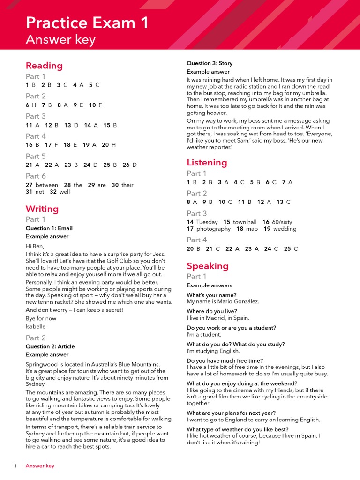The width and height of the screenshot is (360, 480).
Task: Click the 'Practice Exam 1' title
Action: pos(87,22)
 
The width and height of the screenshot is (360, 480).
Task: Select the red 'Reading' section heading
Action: pos(44,66)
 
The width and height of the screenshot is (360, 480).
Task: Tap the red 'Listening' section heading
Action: pos(207,163)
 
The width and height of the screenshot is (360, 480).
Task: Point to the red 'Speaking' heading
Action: pos(208,266)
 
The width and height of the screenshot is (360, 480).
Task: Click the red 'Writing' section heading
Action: pos(42,209)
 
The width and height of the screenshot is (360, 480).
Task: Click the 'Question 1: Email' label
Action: pos(49,228)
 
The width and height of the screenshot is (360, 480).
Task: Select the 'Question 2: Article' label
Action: pos(50,346)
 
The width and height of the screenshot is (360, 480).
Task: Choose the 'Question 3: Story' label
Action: pos(210,63)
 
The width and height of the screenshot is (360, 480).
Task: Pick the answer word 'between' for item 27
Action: pos(47,185)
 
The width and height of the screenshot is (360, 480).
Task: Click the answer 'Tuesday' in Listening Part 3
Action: pos(207,222)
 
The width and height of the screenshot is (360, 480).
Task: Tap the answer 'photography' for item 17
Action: pos(213,229)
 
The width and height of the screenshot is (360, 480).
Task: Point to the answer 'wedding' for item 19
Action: pos(285,229)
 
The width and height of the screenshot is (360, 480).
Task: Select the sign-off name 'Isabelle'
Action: pos(36,327)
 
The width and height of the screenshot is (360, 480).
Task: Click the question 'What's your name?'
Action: pos(211,295)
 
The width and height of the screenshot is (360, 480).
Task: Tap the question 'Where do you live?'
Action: pos(212,311)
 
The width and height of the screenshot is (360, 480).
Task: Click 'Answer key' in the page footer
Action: pos(40,466)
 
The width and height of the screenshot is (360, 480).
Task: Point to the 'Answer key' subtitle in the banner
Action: pos(60,40)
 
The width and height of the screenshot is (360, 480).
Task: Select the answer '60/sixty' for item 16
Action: pos(283,222)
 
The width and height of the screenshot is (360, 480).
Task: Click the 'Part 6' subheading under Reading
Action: pos(36,176)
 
